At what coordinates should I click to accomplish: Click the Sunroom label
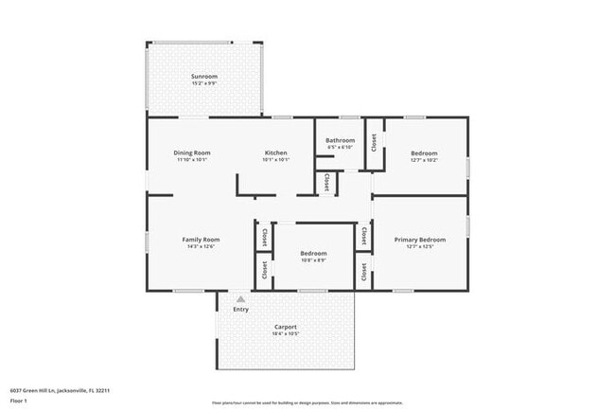tap(204, 76)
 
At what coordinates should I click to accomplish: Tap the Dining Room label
tap(192, 152)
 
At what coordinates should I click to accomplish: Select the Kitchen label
tap(275, 152)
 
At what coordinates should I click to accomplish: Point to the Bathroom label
tap(341, 140)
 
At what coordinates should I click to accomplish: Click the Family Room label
tap(201, 239)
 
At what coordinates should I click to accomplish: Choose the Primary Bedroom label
tap(419, 240)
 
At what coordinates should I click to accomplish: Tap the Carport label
tap(286, 327)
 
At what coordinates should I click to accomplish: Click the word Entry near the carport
tap(241, 309)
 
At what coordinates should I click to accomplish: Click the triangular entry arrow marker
tap(240, 298)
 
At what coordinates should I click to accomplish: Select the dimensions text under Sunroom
tap(204, 83)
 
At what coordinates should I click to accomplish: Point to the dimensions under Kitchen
tap(275, 160)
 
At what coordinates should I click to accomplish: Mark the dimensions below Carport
tap(286, 334)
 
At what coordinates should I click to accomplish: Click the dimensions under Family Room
tap(201, 246)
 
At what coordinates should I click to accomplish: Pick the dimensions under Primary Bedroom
tap(419, 247)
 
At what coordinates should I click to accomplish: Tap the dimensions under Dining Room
tap(192, 160)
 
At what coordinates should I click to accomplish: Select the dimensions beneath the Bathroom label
tap(341, 147)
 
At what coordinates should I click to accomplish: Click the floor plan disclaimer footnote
tap(293, 402)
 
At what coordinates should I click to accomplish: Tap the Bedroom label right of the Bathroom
tap(424, 152)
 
